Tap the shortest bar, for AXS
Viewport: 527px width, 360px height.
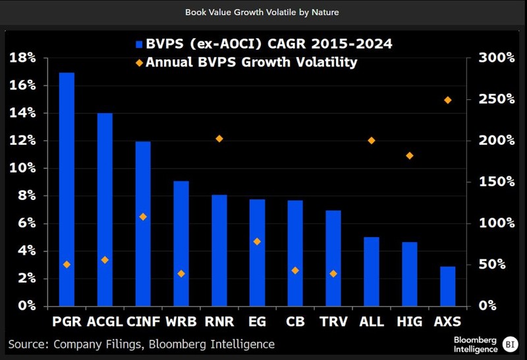pyautogui.click(x=447, y=286)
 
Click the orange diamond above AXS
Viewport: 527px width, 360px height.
pyautogui.click(x=448, y=100)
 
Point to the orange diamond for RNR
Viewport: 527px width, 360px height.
pyautogui.click(x=219, y=139)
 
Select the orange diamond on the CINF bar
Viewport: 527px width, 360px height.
pyautogui.click(x=143, y=217)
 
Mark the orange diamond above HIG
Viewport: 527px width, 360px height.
pyautogui.click(x=410, y=156)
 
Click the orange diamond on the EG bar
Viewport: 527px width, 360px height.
pyautogui.click(x=258, y=242)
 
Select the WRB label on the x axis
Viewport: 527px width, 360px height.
pyautogui.click(x=181, y=322)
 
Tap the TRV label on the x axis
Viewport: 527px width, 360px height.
pyautogui.click(x=333, y=322)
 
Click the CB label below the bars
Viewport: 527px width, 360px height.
pyautogui.click(x=295, y=322)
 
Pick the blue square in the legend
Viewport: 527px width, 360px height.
pyautogui.click(x=139, y=45)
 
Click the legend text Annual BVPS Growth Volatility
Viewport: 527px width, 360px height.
pyautogui.click(x=251, y=63)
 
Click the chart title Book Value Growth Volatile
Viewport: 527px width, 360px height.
pyautogui.click(x=263, y=12)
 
